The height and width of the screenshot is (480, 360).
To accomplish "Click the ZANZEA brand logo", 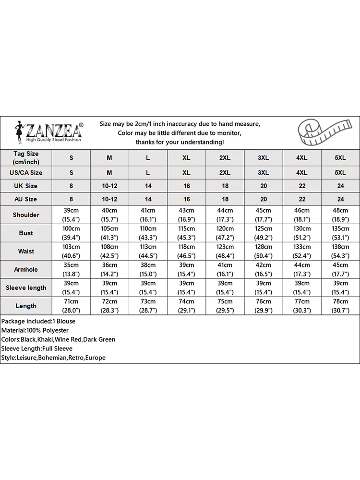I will click(x=48, y=131).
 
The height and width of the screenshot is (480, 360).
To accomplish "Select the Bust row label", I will click(x=26, y=233).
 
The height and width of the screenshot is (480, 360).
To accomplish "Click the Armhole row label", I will click(x=26, y=269).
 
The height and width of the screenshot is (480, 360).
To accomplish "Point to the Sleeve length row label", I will click(x=26, y=288).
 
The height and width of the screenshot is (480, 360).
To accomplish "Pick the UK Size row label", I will click(x=26, y=186).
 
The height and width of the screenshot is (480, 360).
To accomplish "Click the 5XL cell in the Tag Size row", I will click(x=340, y=157).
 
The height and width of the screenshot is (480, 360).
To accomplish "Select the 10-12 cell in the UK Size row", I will click(x=109, y=186).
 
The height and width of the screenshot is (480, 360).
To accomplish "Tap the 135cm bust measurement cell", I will click(x=340, y=233).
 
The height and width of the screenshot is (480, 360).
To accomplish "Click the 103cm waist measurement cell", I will click(x=71, y=251).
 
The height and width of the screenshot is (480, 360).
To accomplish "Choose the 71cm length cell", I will click(x=71, y=306).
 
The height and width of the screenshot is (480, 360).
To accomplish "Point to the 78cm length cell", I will click(x=340, y=306).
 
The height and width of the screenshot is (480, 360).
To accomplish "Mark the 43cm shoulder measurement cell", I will click(x=186, y=215).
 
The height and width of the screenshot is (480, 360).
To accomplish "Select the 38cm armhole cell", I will click(x=148, y=269).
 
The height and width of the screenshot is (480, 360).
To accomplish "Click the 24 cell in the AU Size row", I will click(x=340, y=199).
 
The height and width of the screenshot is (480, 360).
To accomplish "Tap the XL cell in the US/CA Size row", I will click(x=186, y=172).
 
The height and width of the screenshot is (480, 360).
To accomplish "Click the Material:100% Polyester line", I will click(x=35, y=330).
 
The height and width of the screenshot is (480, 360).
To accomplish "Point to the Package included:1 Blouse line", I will click(x=38, y=321).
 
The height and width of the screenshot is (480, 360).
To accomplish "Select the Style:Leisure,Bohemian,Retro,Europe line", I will click(x=53, y=358).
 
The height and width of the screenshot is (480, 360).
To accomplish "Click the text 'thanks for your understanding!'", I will click(x=180, y=142).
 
